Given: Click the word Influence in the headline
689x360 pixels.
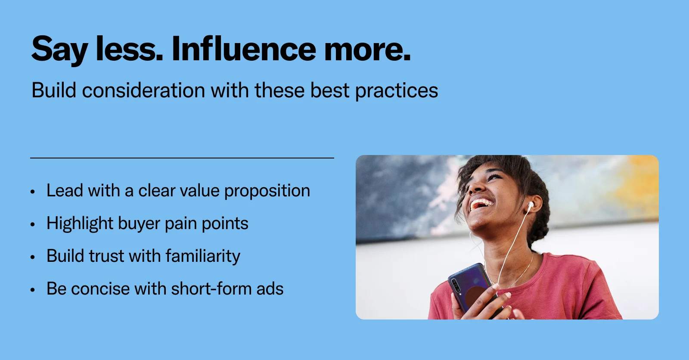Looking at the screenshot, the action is (244, 49).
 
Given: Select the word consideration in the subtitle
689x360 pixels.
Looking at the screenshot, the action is (143, 90).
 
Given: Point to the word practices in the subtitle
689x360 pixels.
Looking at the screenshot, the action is (397, 91).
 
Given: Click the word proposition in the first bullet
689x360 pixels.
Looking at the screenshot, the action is (267, 191).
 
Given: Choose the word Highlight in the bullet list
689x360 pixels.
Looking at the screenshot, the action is (80, 223).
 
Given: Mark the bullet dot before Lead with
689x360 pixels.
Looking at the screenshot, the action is (33, 192).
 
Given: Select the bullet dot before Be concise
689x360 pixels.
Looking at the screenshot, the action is (33, 289).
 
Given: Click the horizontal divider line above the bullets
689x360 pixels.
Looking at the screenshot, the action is (182, 158).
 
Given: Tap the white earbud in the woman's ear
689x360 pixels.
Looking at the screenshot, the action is (531, 205).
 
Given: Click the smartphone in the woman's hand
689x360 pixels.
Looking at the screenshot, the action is (471, 288).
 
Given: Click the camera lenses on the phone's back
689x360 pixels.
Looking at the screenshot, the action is (455, 285).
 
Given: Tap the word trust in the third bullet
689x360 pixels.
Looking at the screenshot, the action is (106, 256).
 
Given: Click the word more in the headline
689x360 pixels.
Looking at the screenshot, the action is (367, 50).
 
